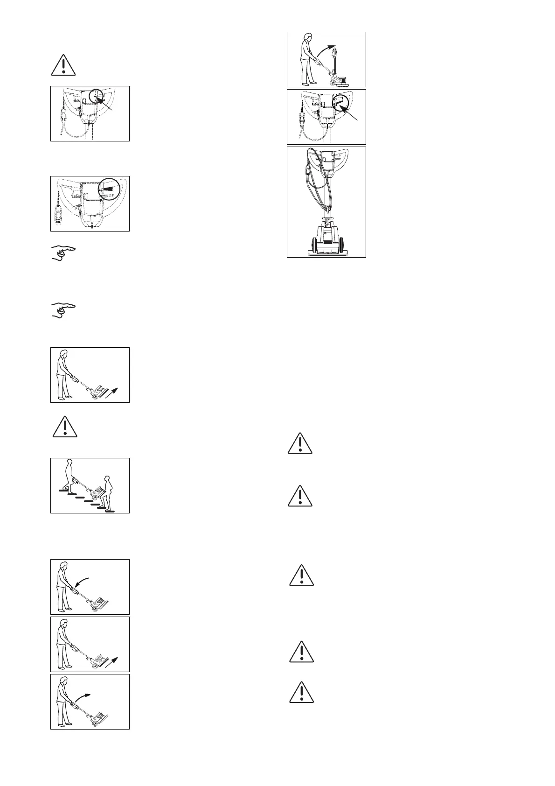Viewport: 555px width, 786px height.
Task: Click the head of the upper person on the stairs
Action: click(x=70, y=465)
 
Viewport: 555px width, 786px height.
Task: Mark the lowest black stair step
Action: click(x=110, y=512)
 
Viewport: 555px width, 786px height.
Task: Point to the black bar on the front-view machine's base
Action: click(x=326, y=243)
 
